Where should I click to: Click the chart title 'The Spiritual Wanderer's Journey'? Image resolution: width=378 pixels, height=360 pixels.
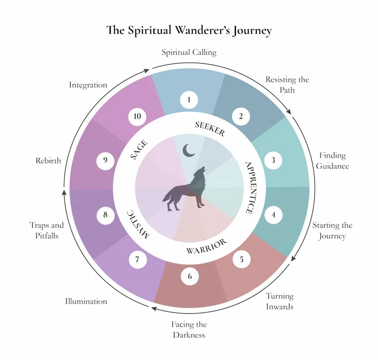pos(189,30)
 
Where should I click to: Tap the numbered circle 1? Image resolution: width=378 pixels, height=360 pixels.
pos(189,99)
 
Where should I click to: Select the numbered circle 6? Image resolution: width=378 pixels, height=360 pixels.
pos(190,277)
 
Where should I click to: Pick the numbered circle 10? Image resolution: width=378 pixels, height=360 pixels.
pos(137,116)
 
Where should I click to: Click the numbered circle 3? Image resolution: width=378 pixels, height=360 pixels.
pos(273,160)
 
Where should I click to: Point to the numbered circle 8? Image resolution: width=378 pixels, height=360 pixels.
pos(105,215)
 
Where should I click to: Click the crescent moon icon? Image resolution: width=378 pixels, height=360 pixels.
pos(190,150)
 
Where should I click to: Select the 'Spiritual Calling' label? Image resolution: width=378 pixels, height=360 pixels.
pos(189,53)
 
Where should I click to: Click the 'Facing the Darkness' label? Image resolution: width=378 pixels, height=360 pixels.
pos(189,330)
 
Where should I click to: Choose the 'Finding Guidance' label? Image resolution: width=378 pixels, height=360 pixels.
pos(333,160)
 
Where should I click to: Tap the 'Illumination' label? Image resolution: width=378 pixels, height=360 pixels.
pos(86,301)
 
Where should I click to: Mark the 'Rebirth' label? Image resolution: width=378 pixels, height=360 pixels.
pos(48,160)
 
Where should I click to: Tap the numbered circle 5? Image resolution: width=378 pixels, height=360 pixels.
pos(241,259)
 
